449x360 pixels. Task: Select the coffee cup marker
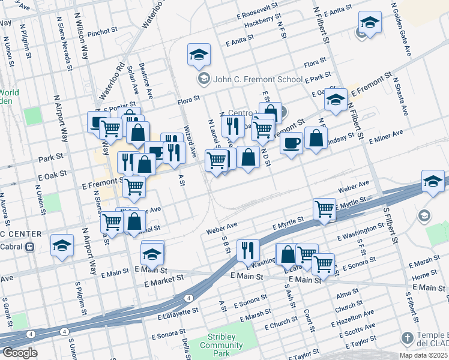pyautogui.click(x=291, y=144)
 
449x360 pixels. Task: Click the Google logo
pyautogui.click(x=19, y=353)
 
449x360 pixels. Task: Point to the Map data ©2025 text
pyautogui.click(x=423, y=355)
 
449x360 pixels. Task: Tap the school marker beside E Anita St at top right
pyautogui.click(x=370, y=24)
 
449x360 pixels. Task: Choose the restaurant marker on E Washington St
pyautogui.click(x=248, y=250)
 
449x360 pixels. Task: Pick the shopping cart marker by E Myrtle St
pyautogui.click(x=324, y=209)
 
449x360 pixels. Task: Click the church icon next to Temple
pyautogui.click(x=408, y=337)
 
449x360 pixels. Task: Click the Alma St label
pyautogui.click(x=347, y=296)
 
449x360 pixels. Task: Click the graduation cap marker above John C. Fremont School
pyautogui.click(x=199, y=55)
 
